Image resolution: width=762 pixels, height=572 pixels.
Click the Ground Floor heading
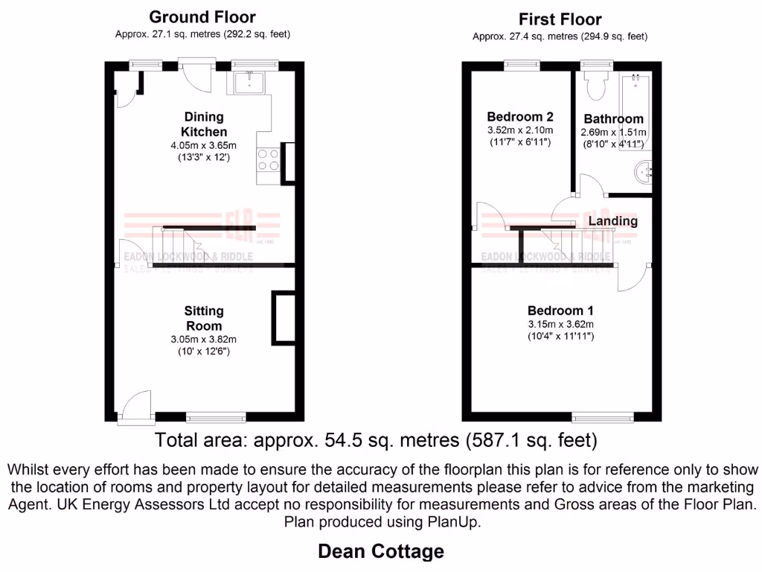click(202, 17)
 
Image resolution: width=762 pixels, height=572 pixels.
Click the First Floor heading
click(560, 19)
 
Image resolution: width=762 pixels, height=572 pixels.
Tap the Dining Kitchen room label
click(203, 124)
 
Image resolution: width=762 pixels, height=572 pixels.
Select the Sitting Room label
click(203, 318)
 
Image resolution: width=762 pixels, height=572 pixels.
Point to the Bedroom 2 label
click(519, 117)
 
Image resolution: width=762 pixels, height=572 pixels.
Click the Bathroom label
click(613, 119)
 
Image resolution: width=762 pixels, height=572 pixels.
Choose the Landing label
click(612, 221)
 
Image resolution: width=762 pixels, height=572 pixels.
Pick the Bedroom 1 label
click(560, 311)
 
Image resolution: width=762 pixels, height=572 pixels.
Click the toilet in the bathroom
click(595, 87)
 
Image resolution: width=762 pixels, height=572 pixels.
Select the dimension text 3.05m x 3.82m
click(203, 340)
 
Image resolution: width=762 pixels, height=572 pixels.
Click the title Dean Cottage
click(381, 551)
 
